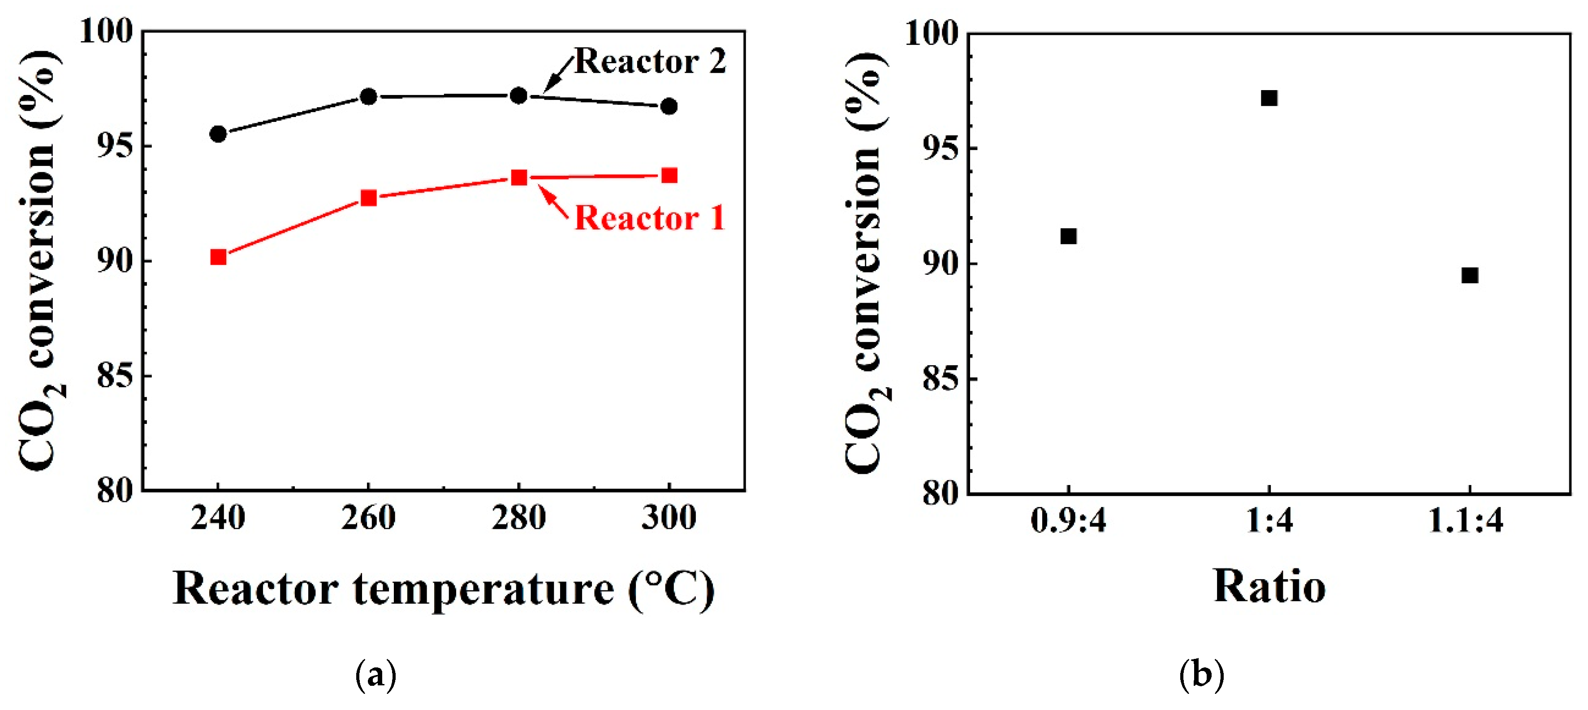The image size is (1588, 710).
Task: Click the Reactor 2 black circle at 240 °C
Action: point(218,134)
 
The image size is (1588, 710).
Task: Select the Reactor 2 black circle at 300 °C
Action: point(669,107)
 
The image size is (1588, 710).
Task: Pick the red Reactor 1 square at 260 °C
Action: point(369,198)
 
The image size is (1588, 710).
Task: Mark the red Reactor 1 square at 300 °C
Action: point(669,176)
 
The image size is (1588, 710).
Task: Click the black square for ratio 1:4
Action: point(1269,98)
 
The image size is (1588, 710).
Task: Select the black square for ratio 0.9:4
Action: point(1068,236)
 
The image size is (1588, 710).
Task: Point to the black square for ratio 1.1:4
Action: point(1470,275)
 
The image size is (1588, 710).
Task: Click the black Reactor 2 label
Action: point(650,62)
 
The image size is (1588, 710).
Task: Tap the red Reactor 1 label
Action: point(650,218)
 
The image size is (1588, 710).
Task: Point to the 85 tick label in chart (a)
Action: point(115,376)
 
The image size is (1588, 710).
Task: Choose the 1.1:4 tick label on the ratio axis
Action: point(1467,521)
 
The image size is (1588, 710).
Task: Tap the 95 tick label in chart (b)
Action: point(940,149)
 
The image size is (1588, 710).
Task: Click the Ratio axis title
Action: point(1269,587)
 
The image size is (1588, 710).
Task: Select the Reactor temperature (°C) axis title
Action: point(443,589)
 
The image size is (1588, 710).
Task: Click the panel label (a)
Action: point(375,675)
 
